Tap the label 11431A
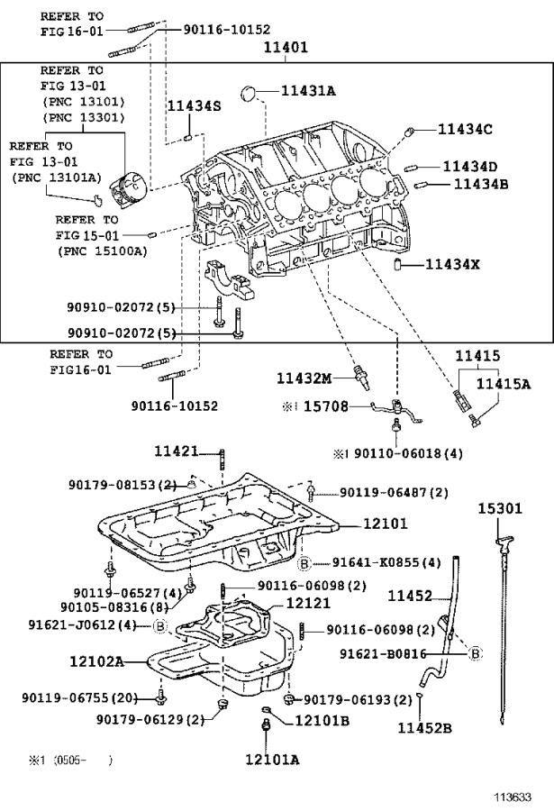(x=308, y=90)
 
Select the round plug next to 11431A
(x=253, y=91)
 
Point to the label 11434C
(x=465, y=130)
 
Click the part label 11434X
(x=452, y=265)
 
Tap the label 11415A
(x=503, y=384)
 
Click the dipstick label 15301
(x=499, y=510)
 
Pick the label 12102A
(x=95, y=661)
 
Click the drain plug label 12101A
(x=271, y=760)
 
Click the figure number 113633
(x=512, y=797)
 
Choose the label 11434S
(x=194, y=106)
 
